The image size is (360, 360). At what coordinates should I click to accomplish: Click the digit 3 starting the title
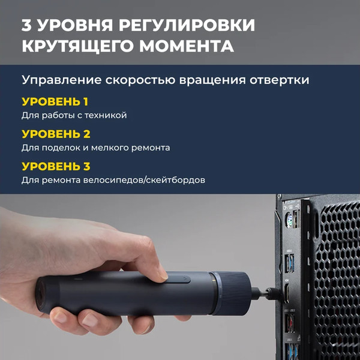tap(27, 26)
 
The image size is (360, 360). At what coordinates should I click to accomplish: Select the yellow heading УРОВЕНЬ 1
tap(55, 101)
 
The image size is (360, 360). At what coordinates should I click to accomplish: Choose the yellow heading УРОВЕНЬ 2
tap(56, 134)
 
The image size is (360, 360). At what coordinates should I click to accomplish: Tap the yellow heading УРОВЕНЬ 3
tap(56, 166)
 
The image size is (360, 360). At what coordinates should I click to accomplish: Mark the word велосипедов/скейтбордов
tap(150, 180)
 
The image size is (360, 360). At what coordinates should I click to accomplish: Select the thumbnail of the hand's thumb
tap(161, 273)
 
